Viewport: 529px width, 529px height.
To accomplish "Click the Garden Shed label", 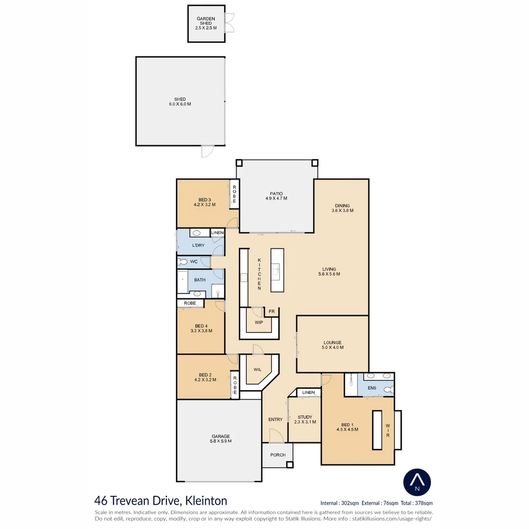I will click(x=206, y=21).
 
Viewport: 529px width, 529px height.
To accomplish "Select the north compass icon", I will click(x=417, y=482).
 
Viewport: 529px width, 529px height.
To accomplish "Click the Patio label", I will click(x=276, y=193).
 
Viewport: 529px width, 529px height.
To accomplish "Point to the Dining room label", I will click(x=342, y=205).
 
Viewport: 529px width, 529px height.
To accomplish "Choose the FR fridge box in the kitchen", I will click(x=271, y=312).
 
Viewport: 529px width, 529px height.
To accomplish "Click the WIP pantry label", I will click(x=259, y=322).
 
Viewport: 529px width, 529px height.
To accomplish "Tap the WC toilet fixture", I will click(x=183, y=262).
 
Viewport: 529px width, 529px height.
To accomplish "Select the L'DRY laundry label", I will click(x=198, y=245).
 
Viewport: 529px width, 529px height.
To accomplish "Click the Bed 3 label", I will click(x=204, y=199).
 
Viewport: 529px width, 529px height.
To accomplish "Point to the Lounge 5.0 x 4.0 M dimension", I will click(x=333, y=348).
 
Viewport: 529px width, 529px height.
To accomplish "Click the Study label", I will click(x=305, y=417).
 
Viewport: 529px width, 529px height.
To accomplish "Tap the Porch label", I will click(x=278, y=455).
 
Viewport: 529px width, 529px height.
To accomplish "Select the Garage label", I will click(x=220, y=436).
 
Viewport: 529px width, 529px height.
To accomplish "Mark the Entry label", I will click(x=275, y=419).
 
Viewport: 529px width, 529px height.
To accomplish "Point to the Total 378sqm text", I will click(x=416, y=503).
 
